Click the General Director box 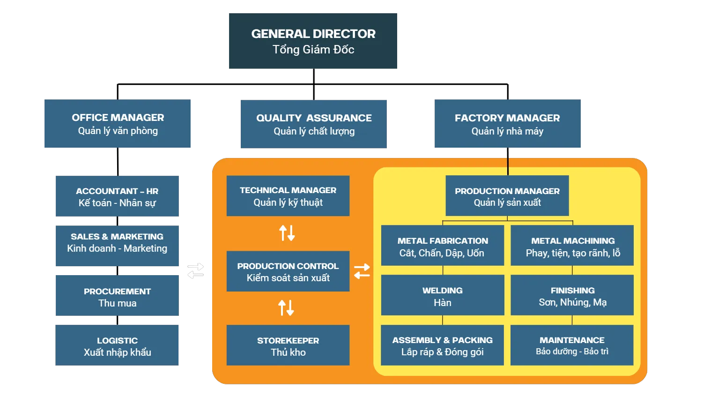click(x=313, y=41)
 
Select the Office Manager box click(x=117, y=124)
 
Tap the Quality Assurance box click(x=314, y=124)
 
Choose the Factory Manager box click(x=507, y=124)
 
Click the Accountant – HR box click(x=117, y=196)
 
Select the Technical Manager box click(x=288, y=196)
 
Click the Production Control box click(x=288, y=271)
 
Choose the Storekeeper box click(x=288, y=345)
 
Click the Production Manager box click(x=507, y=196)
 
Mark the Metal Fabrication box click(x=443, y=246)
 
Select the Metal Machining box click(x=572, y=246)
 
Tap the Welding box click(x=443, y=296)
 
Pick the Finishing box click(x=572, y=296)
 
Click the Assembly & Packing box click(x=443, y=345)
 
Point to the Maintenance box click(x=572, y=345)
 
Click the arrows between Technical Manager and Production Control click(x=287, y=233)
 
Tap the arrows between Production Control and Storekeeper click(x=286, y=308)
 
